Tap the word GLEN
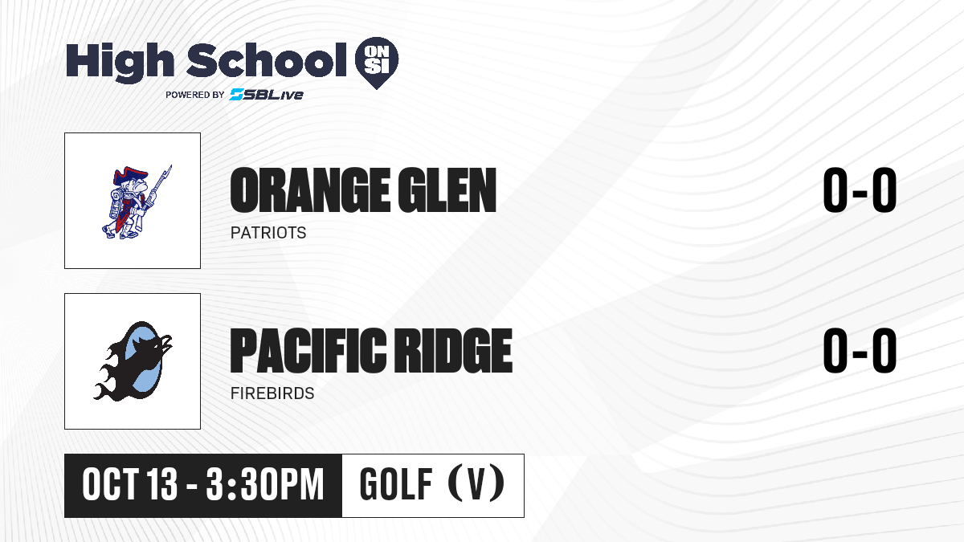point(447,190)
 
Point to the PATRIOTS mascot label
point(268,233)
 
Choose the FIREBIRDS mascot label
point(272,393)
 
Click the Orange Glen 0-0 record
point(860,190)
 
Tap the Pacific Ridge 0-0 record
point(860,351)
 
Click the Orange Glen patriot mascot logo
point(137,202)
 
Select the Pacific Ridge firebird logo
point(133,361)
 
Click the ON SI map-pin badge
point(377,63)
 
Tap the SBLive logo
point(266,94)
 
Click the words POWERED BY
point(194,95)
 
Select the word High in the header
point(120,63)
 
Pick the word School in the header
point(267,61)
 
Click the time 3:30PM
point(264,485)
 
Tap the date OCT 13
point(129,485)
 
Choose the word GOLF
point(396,485)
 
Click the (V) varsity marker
point(476,483)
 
